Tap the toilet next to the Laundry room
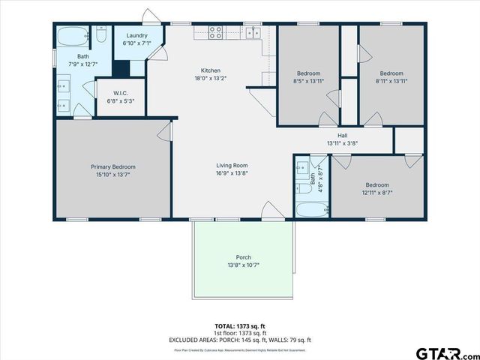click(x=102, y=34)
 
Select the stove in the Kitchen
click(x=215, y=32)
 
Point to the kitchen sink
click(x=253, y=32)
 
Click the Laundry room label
click(x=136, y=35)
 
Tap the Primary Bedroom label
click(x=112, y=166)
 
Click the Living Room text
click(x=232, y=166)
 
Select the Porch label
click(x=244, y=257)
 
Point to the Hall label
click(x=342, y=135)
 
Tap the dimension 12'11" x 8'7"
click(x=377, y=193)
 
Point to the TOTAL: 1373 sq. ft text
click(x=240, y=325)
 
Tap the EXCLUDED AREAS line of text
click(x=240, y=340)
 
